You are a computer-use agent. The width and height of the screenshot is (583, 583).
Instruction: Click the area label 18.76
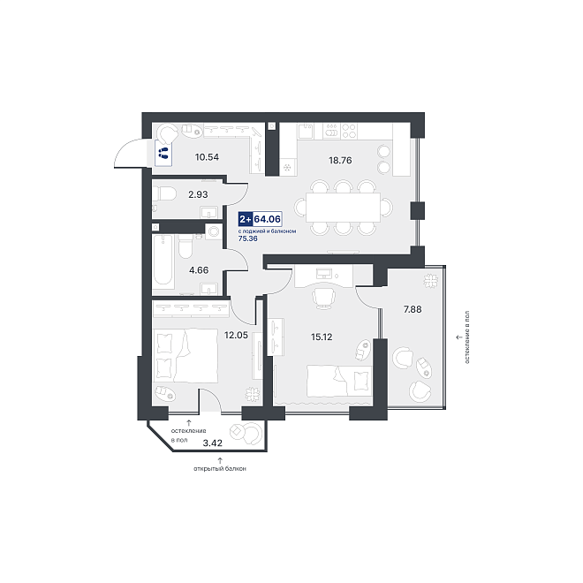coord(340,160)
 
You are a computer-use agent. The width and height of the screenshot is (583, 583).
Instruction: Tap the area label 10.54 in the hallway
coord(207,157)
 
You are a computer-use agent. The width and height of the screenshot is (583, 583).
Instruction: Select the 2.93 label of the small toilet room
coord(198,194)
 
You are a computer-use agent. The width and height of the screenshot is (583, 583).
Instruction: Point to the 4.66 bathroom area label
coord(199,270)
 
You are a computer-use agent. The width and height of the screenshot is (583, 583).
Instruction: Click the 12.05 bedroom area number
coord(236,335)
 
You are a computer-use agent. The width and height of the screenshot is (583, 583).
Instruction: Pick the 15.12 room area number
coord(322,337)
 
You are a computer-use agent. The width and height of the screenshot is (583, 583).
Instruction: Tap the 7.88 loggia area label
coord(413,309)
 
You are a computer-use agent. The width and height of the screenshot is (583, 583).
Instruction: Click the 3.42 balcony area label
coord(213,443)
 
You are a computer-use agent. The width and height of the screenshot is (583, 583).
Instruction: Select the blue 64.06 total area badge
coord(260,219)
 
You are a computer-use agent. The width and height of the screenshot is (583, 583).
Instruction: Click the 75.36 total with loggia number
coord(247,238)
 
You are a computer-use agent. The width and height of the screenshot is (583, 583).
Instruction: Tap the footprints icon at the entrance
coord(163,153)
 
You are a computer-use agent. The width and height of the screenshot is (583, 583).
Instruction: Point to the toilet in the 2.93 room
coord(164,193)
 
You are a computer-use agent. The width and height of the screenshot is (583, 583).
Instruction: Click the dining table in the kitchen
coord(343,207)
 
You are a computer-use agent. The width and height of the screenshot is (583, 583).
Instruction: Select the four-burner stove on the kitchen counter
coord(349,131)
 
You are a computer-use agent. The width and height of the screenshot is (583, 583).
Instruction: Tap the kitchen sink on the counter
coord(306,131)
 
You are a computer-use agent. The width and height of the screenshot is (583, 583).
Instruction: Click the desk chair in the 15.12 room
coord(324,298)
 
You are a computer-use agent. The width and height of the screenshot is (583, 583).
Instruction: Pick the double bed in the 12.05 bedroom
coord(185,355)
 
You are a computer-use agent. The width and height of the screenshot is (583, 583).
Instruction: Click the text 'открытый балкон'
coord(220,469)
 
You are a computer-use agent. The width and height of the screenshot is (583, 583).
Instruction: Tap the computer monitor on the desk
coord(324,274)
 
